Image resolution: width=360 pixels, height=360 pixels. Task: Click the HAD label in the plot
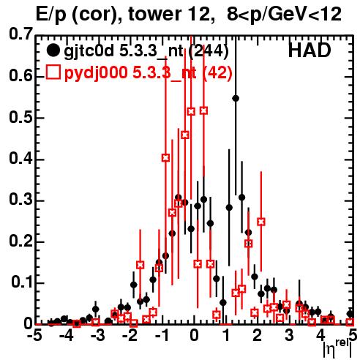[310, 50]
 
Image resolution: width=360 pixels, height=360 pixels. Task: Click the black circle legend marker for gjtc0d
[53, 50]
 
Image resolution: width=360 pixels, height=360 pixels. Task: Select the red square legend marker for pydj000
[53, 72]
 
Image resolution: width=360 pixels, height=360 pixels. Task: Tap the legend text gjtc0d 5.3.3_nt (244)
[146, 51]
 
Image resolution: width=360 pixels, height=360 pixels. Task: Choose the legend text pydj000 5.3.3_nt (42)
[149, 72]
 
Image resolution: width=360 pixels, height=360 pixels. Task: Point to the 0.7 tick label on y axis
[20, 34]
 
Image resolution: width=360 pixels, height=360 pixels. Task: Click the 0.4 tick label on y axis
[20, 159]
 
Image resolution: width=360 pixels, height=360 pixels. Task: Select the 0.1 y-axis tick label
[22, 282]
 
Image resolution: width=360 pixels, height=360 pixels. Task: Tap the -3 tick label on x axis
[97, 335]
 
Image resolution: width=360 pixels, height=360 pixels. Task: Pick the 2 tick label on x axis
[257, 335]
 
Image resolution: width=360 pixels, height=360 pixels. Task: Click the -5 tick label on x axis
[34, 335]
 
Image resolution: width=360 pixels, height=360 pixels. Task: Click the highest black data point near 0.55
[236, 99]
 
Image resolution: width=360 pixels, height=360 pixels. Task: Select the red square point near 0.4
[165, 158]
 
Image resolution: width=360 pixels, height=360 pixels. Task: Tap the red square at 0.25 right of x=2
[261, 222]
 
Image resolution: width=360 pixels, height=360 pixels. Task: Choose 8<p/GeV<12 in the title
[284, 15]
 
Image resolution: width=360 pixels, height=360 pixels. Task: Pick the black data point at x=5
[350, 314]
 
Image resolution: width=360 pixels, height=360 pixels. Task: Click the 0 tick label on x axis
[194, 335]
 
